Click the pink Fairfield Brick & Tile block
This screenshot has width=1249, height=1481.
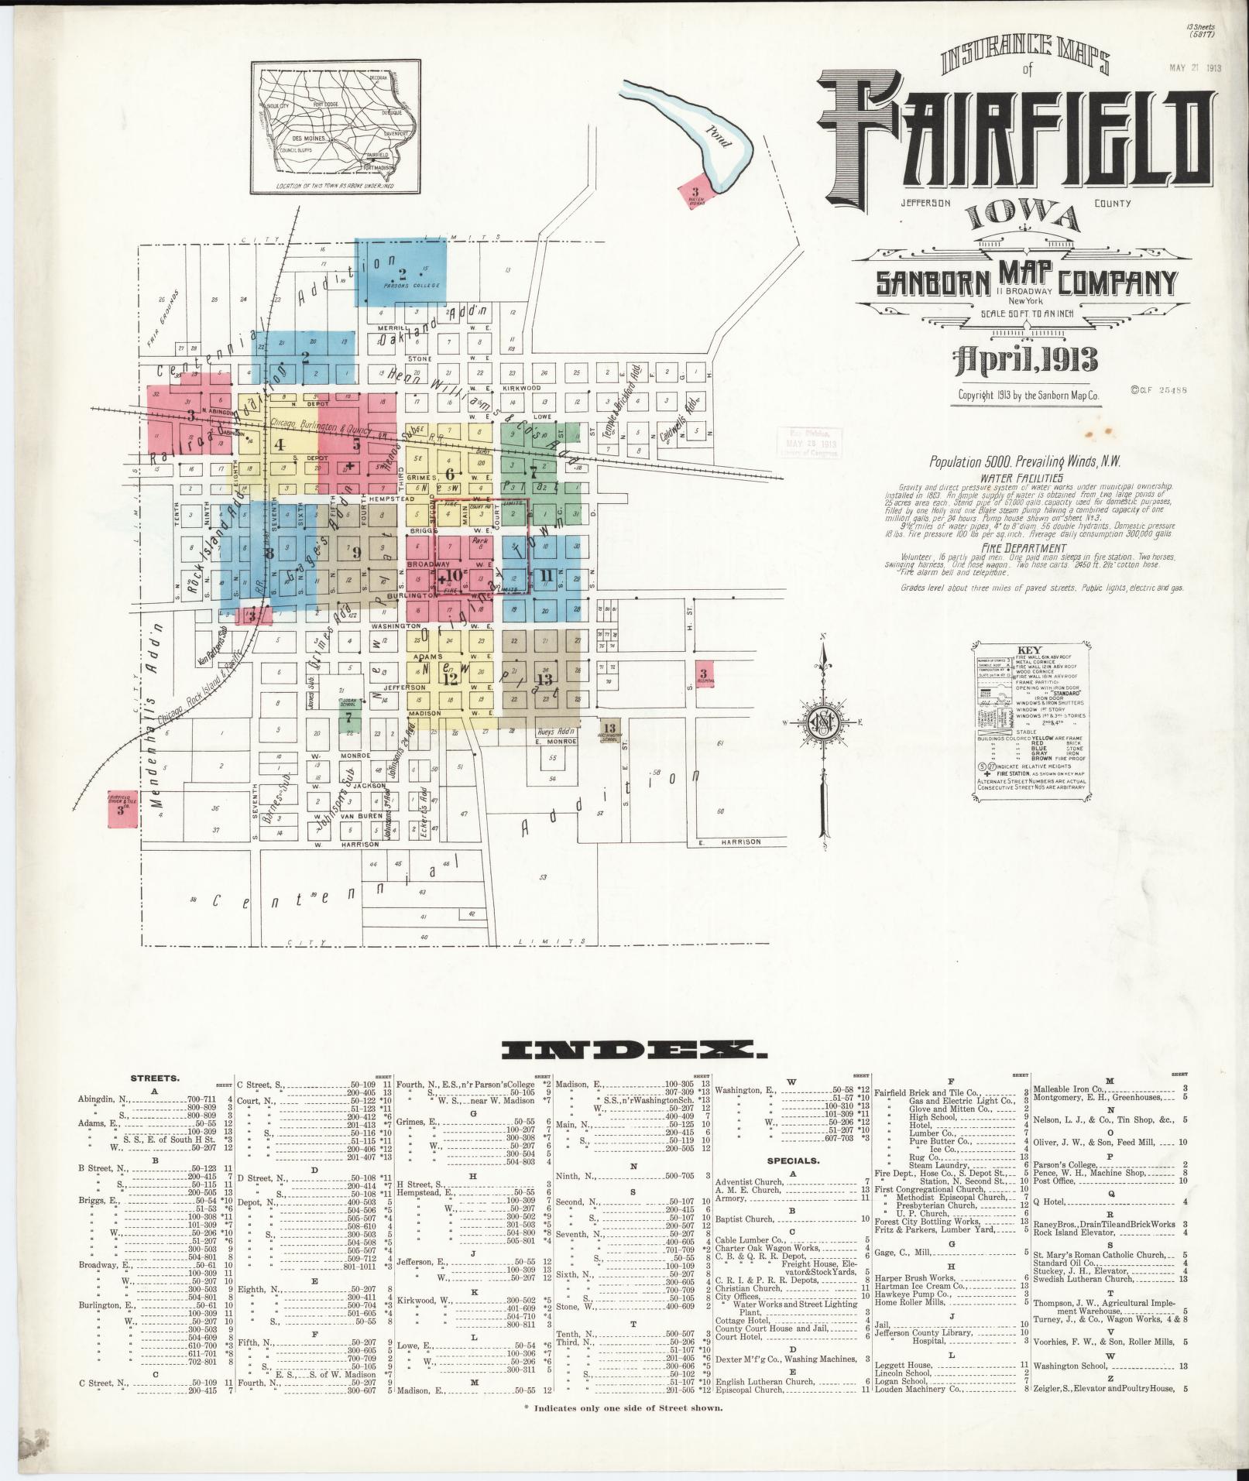pos(122,807)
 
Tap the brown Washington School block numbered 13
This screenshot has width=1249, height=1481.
pos(610,730)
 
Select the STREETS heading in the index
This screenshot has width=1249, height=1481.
pos(155,1077)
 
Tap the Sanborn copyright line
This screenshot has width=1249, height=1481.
pos(1028,395)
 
